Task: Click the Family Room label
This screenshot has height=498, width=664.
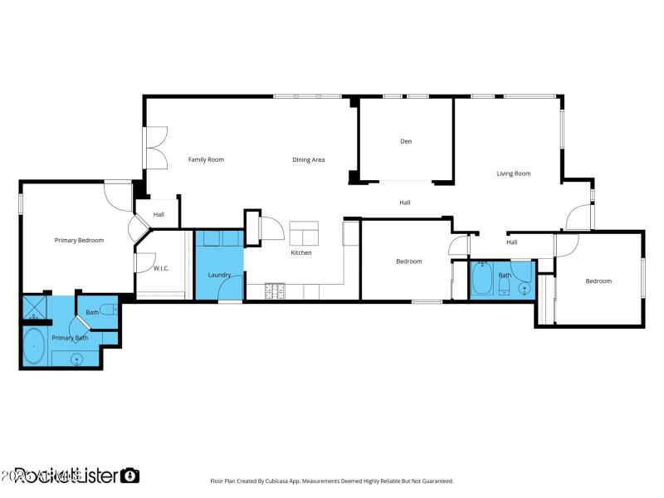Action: (x=206, y=159)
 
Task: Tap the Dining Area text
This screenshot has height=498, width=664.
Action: (x=308, y=159)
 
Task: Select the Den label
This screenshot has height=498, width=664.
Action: (x=406, y=141)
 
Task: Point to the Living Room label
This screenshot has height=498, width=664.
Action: (x=514, y=173)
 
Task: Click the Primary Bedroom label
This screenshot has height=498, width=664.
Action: (x=79, y=240)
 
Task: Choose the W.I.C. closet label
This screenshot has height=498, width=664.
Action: (x=162, y=268)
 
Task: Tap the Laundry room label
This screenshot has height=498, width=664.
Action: (x=219, y=275)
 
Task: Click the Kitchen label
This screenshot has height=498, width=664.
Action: (x=300, y=252)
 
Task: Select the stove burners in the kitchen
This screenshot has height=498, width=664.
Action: (x=274, y=290)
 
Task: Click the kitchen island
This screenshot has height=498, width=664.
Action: (x=304, y=232)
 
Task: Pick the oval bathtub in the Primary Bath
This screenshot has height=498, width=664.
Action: (x=34, y=346)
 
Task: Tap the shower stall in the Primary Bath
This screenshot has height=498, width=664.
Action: (x=34, y=309)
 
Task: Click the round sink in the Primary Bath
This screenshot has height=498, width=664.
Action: (x=76, y=359)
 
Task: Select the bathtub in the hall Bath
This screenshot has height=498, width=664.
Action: (x=482, y=281)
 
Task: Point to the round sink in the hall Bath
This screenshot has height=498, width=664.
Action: (x=523, y=289)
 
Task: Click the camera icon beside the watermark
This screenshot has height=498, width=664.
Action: (x=129, y=476)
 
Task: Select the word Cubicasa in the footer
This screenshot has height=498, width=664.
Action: (x=286, y=481)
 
